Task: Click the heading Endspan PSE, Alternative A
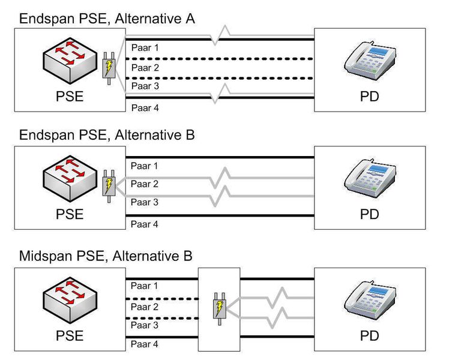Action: click(x=107, y=19)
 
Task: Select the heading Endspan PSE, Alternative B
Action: click(x=107, y=136)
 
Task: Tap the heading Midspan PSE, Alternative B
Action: click(x=106, y=257)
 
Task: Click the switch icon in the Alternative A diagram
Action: click(x=68, y=60)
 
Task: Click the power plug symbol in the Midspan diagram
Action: click(x=219, y=310)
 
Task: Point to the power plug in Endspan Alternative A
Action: click(x=109, y=68)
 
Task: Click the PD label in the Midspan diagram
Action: click(x=370, y=335)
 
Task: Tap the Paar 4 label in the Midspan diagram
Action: click(x=145, y=344)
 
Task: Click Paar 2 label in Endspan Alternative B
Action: click(x=145, y=184)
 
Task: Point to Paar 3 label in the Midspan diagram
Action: click(x=145, y=325)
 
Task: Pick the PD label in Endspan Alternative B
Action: click(x=370, y=214)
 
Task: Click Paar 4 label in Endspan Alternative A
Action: click(x=145, y=108)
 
